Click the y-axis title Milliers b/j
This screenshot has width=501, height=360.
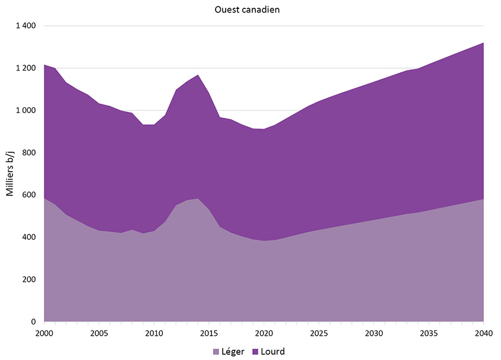[x=10, y=173]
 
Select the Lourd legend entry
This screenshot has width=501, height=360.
[x=268, y=352]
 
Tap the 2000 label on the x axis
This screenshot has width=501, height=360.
[x=44, y=333]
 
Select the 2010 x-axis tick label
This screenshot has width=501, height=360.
[x=154, y=333]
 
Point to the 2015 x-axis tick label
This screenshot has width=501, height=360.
[x=208, y=333]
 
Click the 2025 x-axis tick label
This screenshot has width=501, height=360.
[x=319, y=333]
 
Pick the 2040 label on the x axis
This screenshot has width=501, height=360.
[x=484, y=333]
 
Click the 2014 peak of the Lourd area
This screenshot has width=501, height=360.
[x=198, y=75]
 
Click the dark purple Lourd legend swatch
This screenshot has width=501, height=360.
[x=255, y=352]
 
